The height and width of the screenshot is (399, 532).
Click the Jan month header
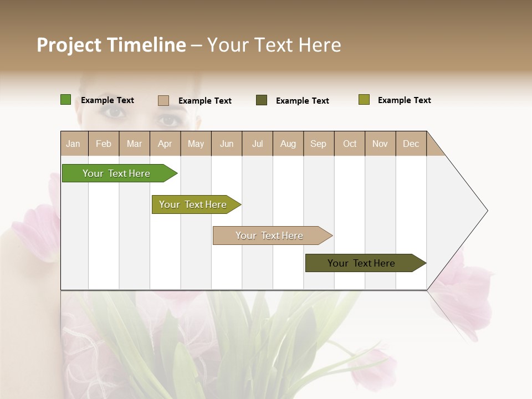74,144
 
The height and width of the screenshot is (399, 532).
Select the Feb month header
104,144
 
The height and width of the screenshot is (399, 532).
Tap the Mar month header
134,144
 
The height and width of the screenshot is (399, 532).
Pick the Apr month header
165,144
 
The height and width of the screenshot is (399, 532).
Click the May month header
196,144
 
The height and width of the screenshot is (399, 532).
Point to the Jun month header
227,144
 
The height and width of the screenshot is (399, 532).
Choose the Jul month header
257,144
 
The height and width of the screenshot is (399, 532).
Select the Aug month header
288,144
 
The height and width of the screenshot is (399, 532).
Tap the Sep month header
319,144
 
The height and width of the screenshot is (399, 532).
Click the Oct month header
350,144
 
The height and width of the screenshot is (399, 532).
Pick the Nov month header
380,144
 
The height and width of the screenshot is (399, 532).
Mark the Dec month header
411,144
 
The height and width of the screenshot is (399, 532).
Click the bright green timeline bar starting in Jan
117,173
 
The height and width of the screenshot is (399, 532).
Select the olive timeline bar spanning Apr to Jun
193,204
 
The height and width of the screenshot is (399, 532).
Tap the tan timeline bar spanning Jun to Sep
270,236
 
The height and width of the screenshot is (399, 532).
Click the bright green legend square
65,100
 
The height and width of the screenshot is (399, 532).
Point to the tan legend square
163,100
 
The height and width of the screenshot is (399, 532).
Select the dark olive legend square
262,100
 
